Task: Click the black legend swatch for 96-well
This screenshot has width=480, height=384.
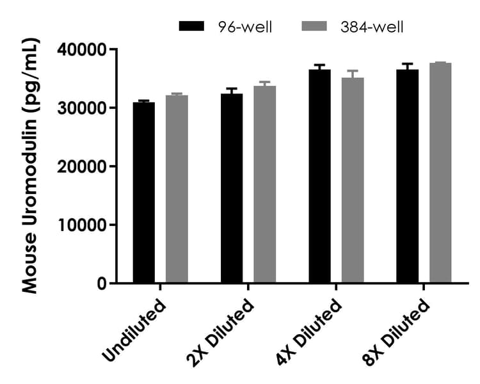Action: click(191, 26)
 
